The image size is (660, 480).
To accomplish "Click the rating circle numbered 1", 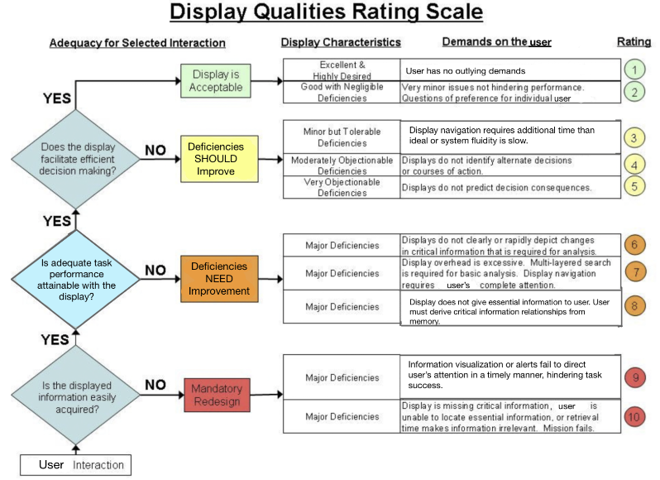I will [634, 70].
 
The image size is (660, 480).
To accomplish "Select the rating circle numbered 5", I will [634, 186].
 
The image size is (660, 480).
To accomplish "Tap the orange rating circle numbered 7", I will [634, 271].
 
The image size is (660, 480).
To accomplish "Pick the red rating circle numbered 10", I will [634, 416].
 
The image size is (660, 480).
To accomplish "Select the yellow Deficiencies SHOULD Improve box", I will [216, 159].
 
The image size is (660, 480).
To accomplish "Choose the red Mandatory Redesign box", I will [217, 394].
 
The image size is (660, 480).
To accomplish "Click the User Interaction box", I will [75, 464].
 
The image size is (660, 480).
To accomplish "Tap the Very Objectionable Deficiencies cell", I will [341, 187].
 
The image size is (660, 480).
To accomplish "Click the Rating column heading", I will [634, 41].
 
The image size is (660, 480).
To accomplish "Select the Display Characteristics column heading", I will [341, 42].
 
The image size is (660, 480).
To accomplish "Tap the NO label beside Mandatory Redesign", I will [155, 384].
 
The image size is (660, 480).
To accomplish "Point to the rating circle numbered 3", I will [634, 137].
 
